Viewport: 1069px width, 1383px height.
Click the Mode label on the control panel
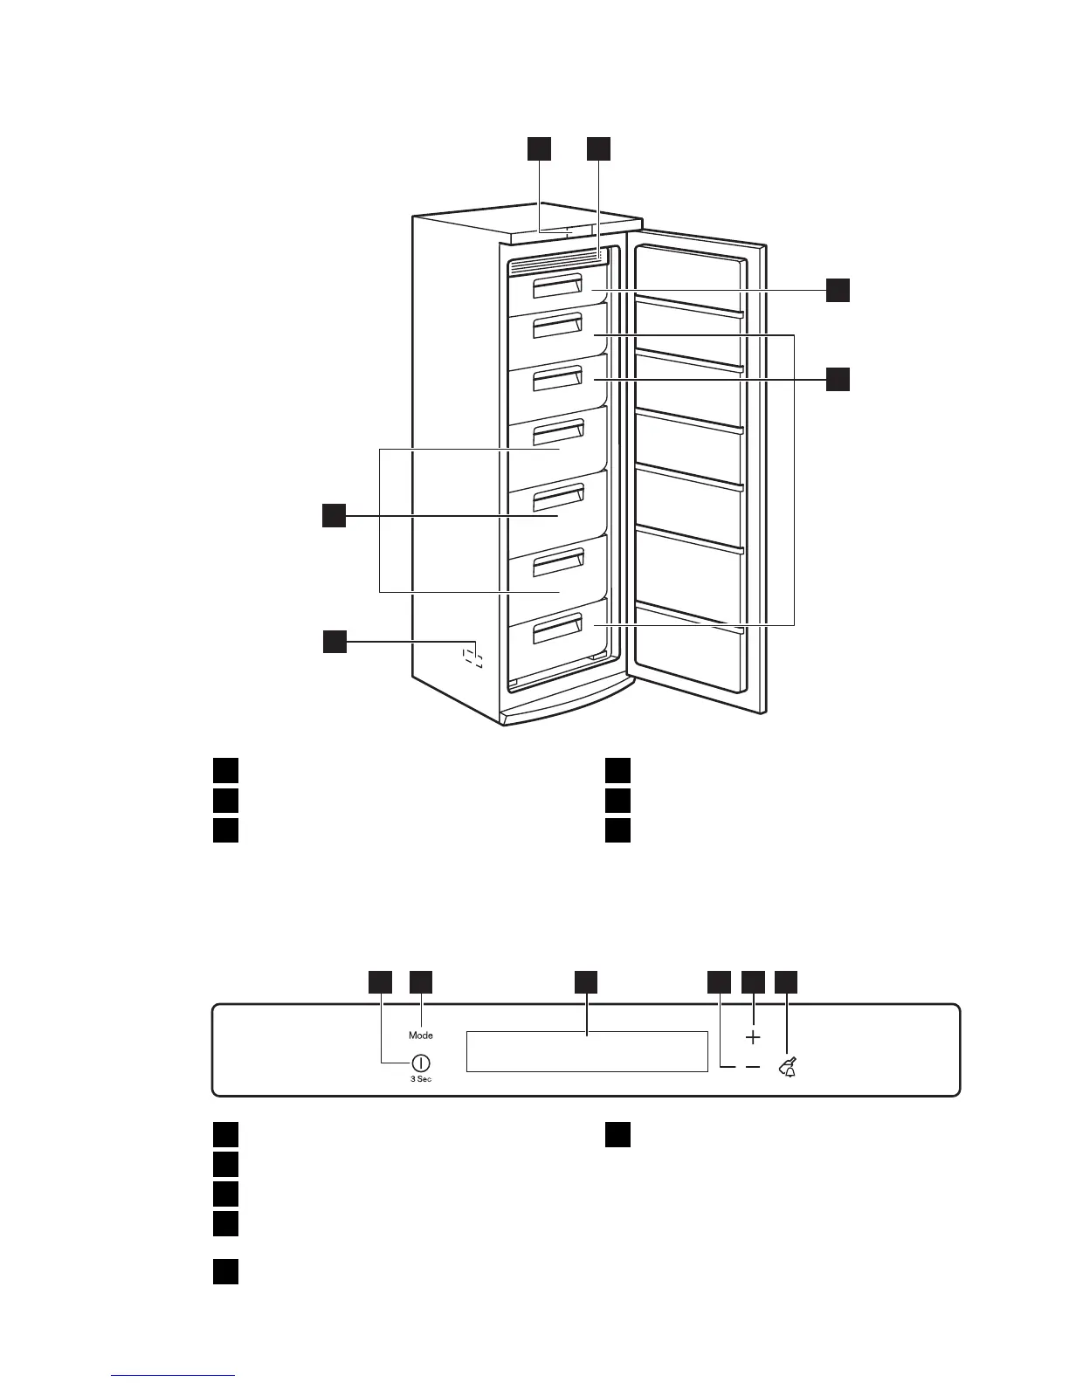click(420, 1036)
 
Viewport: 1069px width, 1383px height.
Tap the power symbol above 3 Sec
click(420, 1063)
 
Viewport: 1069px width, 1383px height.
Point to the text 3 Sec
click(420, 1080)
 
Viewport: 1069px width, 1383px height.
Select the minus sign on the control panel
click(753, 1067)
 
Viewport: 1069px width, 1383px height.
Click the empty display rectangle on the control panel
click(586, 1051)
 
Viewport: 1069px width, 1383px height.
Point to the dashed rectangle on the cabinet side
click(472, 656)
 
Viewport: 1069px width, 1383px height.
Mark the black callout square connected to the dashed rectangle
click(334, 643)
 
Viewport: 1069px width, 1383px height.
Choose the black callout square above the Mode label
click(422, 981)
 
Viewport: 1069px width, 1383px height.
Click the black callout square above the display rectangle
click(586, 981)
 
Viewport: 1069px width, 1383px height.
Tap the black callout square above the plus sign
click(753, 981)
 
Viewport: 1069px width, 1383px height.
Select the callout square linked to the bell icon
click(787, 981)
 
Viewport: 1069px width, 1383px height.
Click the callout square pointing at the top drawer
click(838, 290)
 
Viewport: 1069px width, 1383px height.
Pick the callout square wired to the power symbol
click(380, 981)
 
